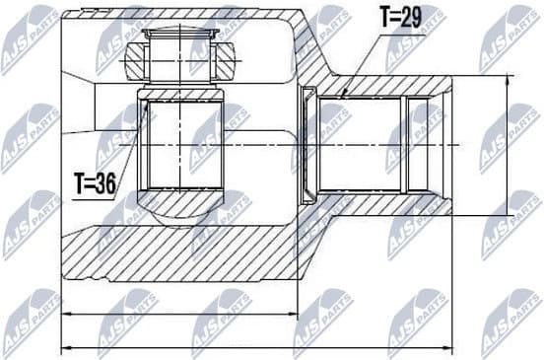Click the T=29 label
click(x=401, y=18)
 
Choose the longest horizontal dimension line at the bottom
click(x=257, y=347)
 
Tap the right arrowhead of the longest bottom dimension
click(x=450, y=347)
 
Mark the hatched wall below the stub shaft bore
click(x=384, y=204)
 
